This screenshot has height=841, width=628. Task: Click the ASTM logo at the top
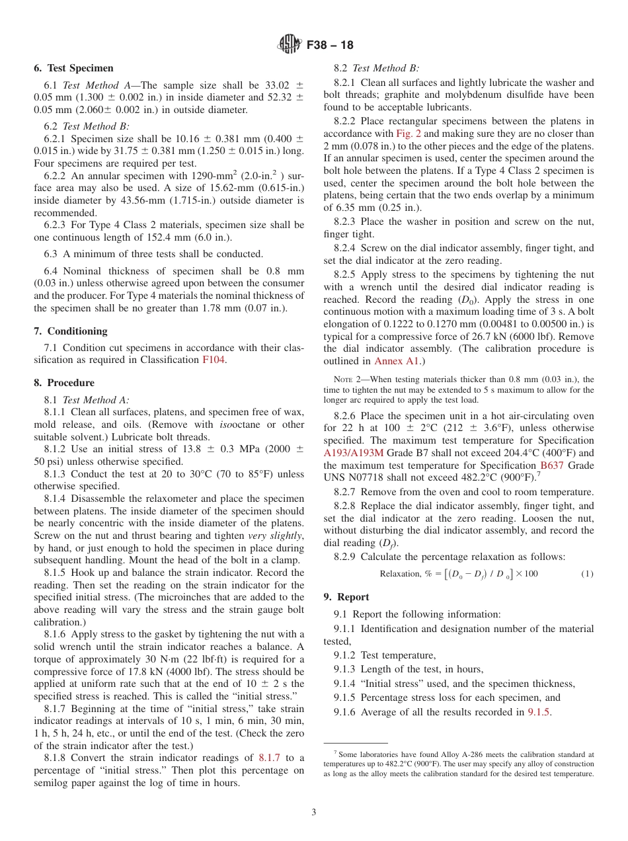(x=290, y=45)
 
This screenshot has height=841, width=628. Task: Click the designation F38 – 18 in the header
(x=330, y=45)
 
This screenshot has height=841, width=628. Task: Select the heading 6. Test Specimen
(x=73, y=68)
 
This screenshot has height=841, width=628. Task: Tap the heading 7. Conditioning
(x=70, y=331)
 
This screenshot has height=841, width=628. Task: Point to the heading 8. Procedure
(x=64, y=383)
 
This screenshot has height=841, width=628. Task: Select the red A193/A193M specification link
(x=353, y=453)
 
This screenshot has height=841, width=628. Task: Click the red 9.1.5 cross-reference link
(x=539, y=712)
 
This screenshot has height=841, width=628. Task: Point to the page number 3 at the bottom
(x=314, y=813)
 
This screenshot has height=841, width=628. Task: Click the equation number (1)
(x=587, y=574)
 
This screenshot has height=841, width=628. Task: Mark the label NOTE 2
(x=347, y=380)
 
